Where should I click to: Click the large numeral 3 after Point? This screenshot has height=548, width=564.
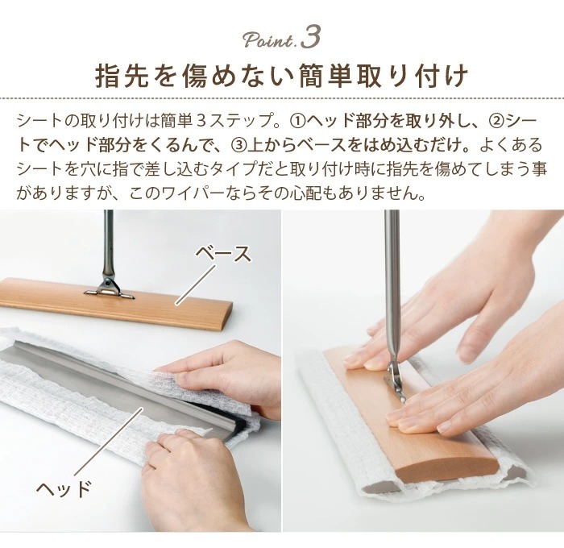tap(310, 37)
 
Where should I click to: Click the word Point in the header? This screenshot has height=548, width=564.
tap(268, 40)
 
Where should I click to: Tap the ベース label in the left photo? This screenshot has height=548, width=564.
tap(223, 254)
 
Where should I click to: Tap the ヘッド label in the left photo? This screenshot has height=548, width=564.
tap(64, 488)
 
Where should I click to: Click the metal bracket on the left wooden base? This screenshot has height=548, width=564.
tap(109, 288)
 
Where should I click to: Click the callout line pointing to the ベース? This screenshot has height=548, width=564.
tap(196, 285)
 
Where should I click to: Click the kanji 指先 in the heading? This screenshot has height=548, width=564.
tap(122, 76)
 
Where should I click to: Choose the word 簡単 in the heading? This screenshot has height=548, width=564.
tap(328, 76)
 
